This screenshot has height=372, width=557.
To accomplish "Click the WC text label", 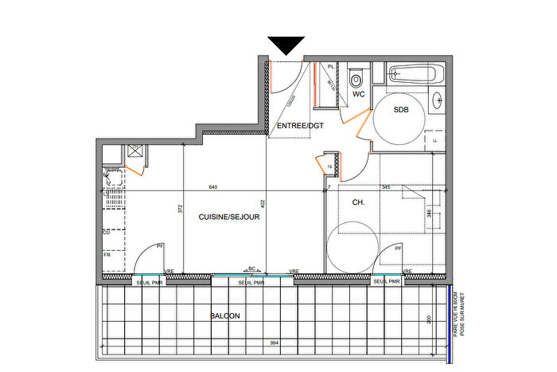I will pyautogui.click(x=359, y=94).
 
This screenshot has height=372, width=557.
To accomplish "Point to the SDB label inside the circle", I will pyautogui.click(x=401, y=110).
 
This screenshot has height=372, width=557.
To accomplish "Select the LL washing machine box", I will pyautogui.click(x=435, y=141).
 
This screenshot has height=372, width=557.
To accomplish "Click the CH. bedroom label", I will pyautogui.click(x=357, y=202).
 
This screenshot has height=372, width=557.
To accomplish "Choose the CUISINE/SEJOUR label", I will pyautogui.click(x=223, y=215).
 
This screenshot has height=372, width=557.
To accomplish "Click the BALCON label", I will pyautogui.click(x=225, y=315).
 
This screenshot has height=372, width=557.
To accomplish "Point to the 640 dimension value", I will pyautogui.click(x=213, y=187).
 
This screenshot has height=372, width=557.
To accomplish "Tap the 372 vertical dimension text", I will pyautogui.click(x=181, y=209).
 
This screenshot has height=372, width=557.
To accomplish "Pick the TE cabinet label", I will pyautogui.click(x=329, y=166).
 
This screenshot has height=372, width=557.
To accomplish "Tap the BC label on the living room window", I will pyautogui.click(x=251, y=268).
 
